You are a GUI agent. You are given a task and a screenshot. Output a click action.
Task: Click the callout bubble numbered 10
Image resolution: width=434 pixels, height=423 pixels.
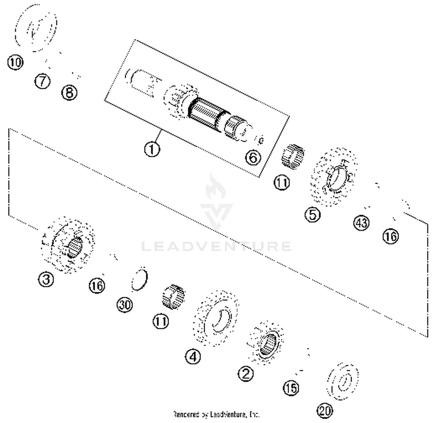pos(15,62)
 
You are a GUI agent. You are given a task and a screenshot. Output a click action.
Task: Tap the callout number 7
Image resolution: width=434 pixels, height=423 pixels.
pos(43,81)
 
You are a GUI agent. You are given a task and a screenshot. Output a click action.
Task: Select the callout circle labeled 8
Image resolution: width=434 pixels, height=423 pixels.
pos(69,93)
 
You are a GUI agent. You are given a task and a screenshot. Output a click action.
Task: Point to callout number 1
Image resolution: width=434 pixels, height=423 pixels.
pos(152,149)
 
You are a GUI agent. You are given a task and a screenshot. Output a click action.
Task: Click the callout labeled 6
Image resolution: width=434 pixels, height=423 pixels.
pos(253,158)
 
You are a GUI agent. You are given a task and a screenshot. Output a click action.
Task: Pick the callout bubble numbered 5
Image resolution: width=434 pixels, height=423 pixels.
pos(313,215)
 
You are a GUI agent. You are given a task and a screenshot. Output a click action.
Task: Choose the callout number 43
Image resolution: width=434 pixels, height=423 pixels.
pos(361,223)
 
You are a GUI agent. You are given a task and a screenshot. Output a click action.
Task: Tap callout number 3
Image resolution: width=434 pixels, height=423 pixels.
pos(46,279)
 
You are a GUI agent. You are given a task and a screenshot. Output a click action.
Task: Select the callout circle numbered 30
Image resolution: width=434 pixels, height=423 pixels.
pos(125,305)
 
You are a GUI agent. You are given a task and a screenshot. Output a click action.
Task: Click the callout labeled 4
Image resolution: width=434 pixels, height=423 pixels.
pos(193,356)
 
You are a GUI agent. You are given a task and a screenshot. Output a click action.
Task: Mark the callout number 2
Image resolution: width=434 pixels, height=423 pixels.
pos(246,374)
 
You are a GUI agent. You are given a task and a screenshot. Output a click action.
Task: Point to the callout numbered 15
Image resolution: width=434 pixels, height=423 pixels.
pos(291,388)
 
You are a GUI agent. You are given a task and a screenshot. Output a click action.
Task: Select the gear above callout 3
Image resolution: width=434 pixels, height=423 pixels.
pos(68,244)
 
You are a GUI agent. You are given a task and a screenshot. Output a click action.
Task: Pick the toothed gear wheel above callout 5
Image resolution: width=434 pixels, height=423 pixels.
pos(334,176)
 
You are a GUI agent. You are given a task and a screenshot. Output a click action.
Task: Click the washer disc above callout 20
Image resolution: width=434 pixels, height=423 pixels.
pos(343,381)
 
